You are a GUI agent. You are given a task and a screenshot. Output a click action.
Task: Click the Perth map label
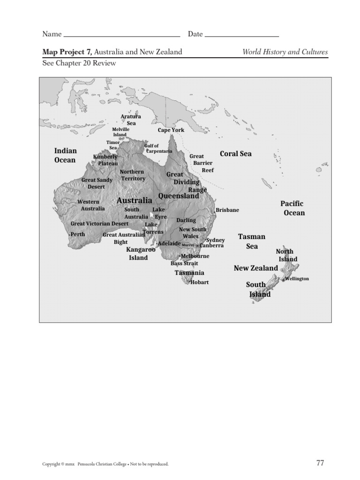[x=78, y=234]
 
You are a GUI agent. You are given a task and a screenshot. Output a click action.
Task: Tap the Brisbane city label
[x=227, y=210]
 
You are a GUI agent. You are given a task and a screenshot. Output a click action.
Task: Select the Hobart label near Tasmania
[x=200, y=282]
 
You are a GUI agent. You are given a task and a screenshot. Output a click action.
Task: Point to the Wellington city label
[x=297, y=278]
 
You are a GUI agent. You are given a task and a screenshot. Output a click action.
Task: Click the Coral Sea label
[x=236, y=154]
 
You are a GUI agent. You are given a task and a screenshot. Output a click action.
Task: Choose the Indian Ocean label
[x=65, y=155]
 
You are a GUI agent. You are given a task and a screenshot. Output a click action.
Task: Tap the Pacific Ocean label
[x=293, y=208]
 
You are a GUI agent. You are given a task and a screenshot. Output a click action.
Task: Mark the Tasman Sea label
[x=252, y=241]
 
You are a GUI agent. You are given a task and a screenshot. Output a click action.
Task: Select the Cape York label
[x=171, y=130]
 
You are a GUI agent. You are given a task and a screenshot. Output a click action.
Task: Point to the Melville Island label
[x=120, y=132]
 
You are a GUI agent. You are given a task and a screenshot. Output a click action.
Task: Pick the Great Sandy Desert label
[x=97, y=183]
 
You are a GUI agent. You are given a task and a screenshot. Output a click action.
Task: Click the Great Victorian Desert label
[x=100, y=224]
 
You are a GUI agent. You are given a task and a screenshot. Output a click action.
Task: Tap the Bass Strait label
[x=184, y=263]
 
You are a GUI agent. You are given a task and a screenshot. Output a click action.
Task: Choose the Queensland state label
[x=179, y=196]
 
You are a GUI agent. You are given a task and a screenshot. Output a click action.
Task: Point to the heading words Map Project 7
[x=67, y=52]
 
